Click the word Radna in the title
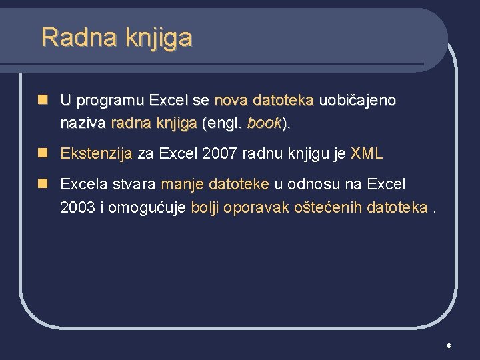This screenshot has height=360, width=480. [68, 37]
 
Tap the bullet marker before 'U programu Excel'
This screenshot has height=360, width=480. [43, 100]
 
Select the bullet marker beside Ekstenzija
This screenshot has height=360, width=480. [43, 153]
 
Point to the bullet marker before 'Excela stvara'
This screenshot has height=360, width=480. [43, 183]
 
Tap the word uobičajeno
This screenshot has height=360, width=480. [358, 101]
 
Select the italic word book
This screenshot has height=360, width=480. [264, 123]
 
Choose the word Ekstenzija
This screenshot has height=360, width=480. [97, 154]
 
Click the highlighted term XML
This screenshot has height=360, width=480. [367, 154]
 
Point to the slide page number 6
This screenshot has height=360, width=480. [449, 346]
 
